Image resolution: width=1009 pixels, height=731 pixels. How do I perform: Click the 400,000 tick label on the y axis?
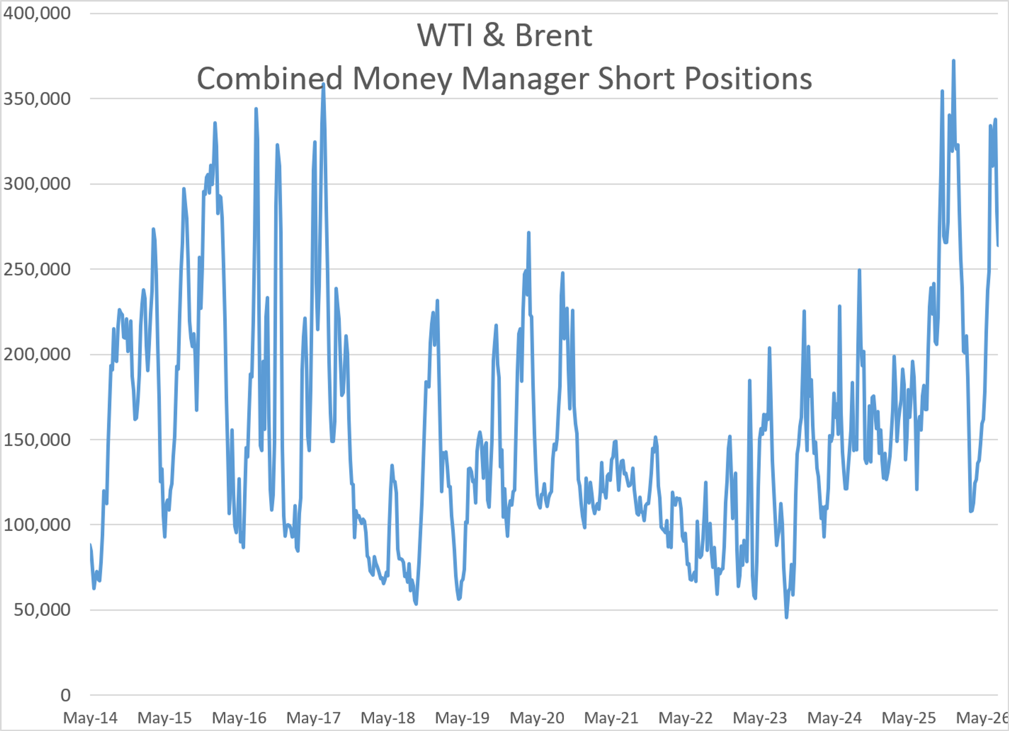click(37, 13)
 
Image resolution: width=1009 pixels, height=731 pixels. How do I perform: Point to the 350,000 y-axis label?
click(37, 99)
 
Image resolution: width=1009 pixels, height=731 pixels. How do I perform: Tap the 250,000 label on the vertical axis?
click(37, 269)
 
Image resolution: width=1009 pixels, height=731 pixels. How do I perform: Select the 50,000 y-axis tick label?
click(42, 610)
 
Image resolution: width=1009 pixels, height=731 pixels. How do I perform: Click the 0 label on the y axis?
click(65, 695)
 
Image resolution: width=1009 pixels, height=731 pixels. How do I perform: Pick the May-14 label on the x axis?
click(90, 718)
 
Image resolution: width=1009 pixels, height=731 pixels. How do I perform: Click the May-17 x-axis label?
click(314, 718)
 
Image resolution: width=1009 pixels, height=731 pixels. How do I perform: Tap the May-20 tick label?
click(537, 718)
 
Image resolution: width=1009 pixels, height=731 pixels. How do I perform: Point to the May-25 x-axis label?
click(909, 718)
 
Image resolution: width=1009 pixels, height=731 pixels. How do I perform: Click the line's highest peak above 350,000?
click(953, 61)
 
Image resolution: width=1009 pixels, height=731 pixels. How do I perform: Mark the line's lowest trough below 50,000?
click(786, 617)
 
